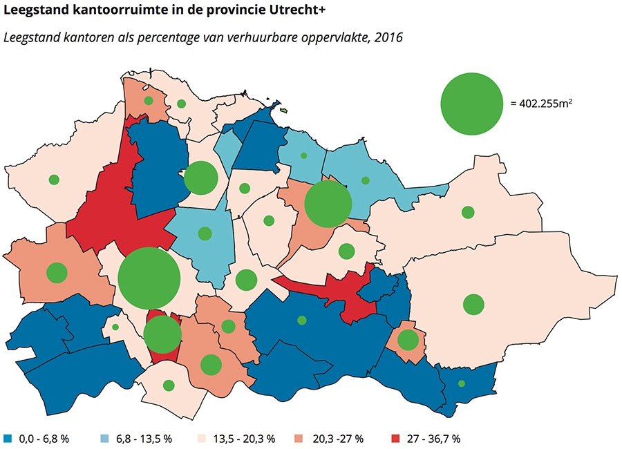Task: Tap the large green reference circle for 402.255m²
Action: [471, 104]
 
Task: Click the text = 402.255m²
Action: [543, 104]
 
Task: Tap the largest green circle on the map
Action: [149, 278]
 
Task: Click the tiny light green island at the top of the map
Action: [283, 110]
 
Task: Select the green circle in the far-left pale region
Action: [54, 180]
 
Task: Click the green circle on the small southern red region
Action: [163, 334]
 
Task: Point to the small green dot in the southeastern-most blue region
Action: [462, 383]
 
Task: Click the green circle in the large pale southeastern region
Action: [473, 304]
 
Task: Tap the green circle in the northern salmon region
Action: [148, 101]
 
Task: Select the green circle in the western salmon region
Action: [57, 273]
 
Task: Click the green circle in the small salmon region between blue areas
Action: [408, 340]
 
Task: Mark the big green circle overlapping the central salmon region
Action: [328, 204]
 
